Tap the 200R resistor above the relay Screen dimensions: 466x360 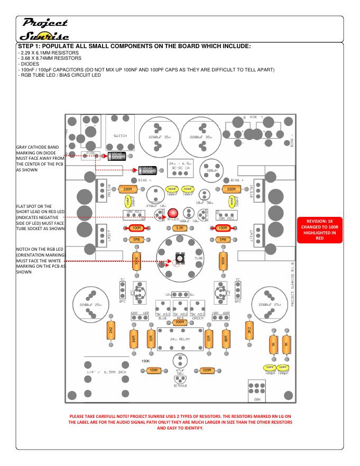(x=179, y=322)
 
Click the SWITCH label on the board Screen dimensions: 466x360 (x=120, y=136)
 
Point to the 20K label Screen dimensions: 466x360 (x=258, y=399)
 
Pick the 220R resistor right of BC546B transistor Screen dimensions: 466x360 (x=207, y=370)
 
